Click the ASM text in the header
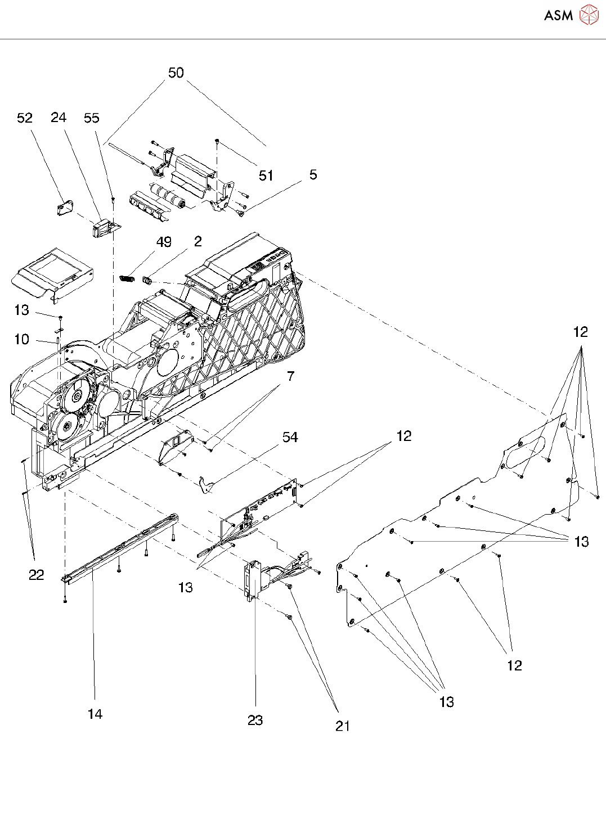558,15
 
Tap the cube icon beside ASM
589,15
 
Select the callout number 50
176,73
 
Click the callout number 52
25,118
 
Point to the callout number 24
59,117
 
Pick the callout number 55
92,118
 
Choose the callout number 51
266,175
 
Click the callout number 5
313,174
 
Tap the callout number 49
164,242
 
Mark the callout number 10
21,339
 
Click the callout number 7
290,376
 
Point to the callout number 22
37,574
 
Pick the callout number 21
343,726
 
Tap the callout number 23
255,720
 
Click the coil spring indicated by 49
128,277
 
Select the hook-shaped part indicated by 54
206,485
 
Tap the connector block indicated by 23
250,579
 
